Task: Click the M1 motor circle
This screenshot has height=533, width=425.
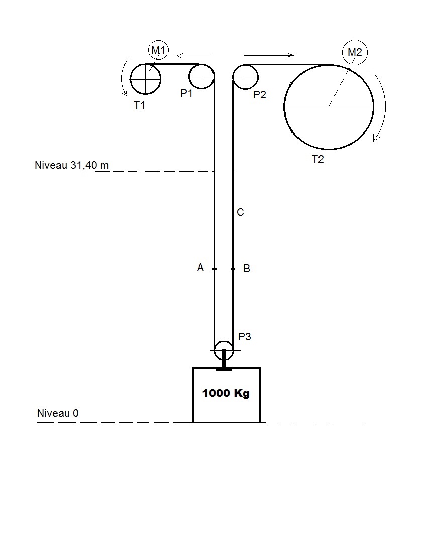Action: [x=159, y=50]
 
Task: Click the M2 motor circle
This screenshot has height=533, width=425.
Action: [x=355, y=52]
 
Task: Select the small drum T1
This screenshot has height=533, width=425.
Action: [x=145, y=79]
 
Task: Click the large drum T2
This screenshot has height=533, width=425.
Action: [x=329, y=107]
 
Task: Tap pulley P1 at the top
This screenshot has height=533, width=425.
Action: [x=201, y=77]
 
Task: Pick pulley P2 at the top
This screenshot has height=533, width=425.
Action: [x=246, y=77]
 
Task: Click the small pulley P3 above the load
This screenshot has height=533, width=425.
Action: [x=224, y=350]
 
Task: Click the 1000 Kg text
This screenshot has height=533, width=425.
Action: [x=226, y=393]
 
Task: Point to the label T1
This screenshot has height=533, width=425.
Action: [x=140, y=105]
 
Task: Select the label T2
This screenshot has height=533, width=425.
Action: [x=318, y=160]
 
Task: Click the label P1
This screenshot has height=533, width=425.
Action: [x=187, y=94]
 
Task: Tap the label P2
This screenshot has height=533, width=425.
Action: [x=259, y=94]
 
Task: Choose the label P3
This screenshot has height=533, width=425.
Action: [x=245, y=337]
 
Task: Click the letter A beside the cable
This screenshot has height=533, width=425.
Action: [x=200, y=268]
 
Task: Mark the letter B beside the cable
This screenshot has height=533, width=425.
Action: [x=247, y=269]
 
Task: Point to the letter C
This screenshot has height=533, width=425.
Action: [x=240, y=213]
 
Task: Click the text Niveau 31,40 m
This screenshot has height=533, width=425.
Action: [x=71, y=165]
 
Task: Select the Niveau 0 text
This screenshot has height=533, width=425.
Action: [x=58, y=414]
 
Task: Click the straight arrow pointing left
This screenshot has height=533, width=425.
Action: [x=194, y=55]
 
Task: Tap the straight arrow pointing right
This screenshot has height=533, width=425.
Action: [x=269, y=55]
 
